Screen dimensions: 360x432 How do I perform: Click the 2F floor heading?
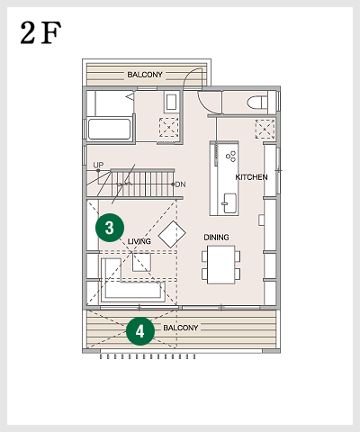pyautogui.click(x=40, y=32)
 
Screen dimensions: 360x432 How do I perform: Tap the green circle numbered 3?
pyautogui.click(x=110, y=228)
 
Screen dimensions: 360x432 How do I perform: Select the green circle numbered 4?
pyautogui.click(x=140, y=331)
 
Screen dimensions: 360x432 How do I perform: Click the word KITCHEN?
pyautogui.click(x=251, y=177)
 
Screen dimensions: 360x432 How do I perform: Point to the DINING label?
pyautogui.click(x=216, y=238)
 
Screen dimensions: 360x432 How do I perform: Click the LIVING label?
pyautogui.click(x=139, y=241)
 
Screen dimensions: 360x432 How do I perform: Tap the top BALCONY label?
pyautogui.click(x=145, y=75)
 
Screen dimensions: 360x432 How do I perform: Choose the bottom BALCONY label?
pyautogui.click(x=181, y=328)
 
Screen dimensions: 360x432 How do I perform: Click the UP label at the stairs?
pyautogui.click(x=98, y=165)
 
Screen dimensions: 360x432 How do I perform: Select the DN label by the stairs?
pyautogui.click(x=180, y=184)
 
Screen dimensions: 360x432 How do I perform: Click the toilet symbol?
pyautogui.click(x=257, y=103)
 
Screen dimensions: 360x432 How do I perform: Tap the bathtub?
pyautogui.click(x=110, y=129)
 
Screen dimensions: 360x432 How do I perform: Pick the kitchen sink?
pyautogui.click(x=229, y=203)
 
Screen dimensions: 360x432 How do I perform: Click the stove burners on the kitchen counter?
pyautogui.click(x=230, y=157)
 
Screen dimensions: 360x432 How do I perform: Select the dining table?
pyautogui.click(x=221, y=265)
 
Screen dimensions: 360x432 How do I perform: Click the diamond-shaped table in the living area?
pyautogui.click(x=172, y=234)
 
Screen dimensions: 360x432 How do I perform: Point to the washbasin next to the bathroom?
pyautogui.click(x=171, y=102)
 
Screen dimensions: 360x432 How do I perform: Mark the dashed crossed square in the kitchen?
pyautogui.click(x=265, y=129)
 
